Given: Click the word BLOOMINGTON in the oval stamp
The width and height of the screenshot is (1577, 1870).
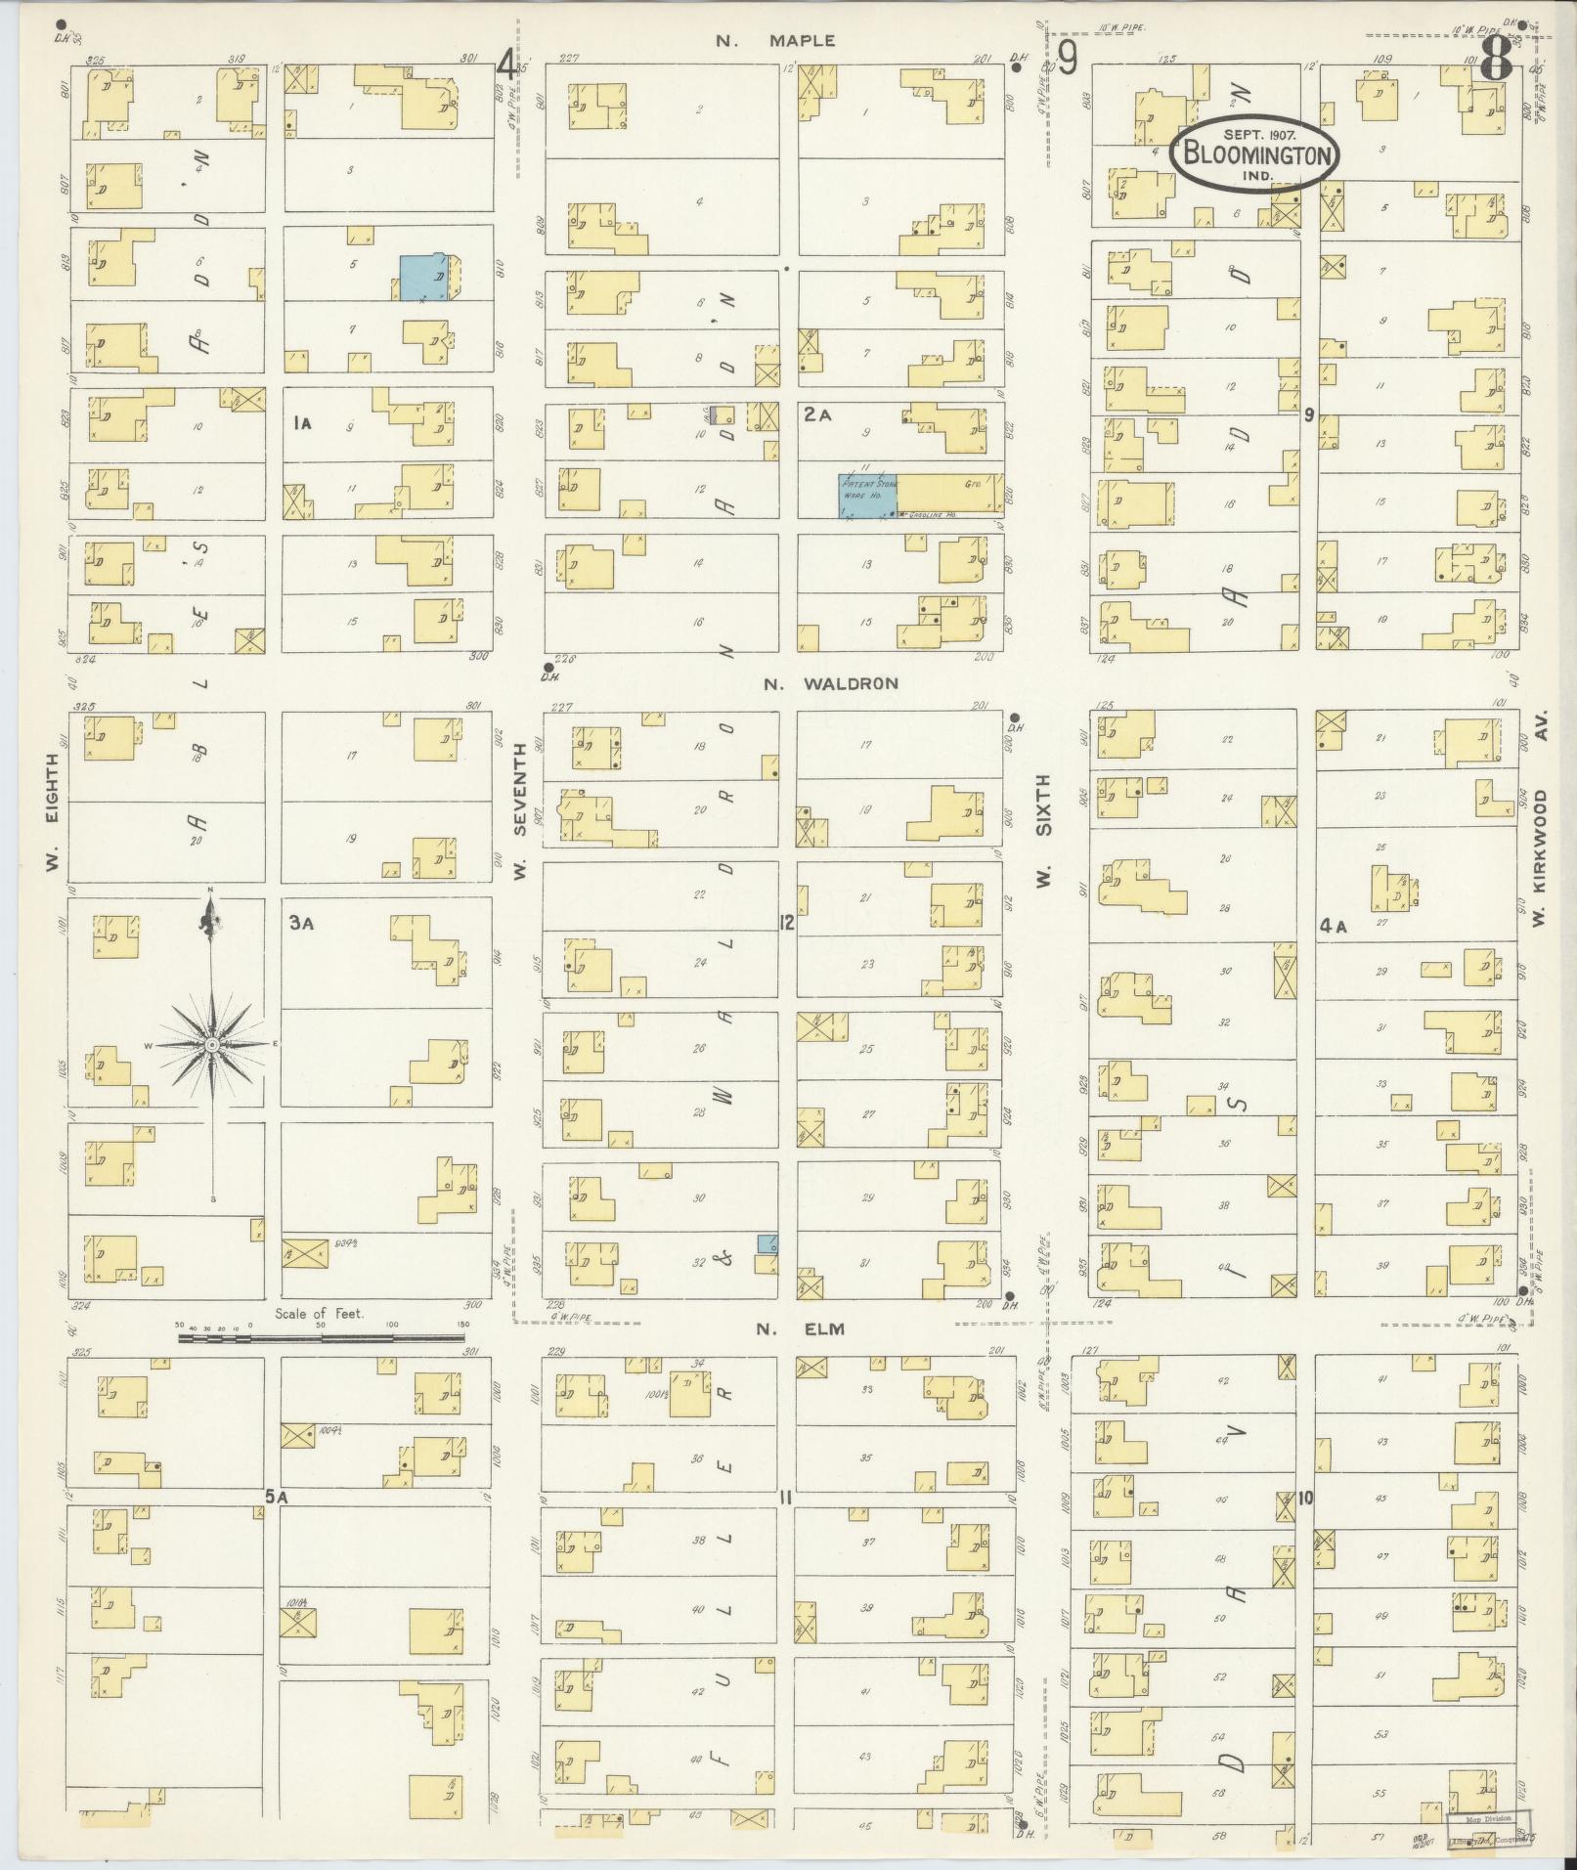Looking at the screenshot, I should (1256, 154).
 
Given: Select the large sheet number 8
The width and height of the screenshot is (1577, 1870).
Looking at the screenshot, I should (1495, 65).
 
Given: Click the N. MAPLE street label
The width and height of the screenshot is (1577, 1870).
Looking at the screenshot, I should (775, 41).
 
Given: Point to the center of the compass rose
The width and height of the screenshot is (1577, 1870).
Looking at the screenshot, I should (211, 1045).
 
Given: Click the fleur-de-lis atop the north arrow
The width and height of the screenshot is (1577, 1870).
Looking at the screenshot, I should (208, 918).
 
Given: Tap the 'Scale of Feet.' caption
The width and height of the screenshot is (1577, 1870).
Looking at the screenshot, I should (320, 1314).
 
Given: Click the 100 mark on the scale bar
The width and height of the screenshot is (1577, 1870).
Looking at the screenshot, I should (393, 1325).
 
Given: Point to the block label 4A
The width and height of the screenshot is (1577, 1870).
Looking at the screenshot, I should (1333, 927).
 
